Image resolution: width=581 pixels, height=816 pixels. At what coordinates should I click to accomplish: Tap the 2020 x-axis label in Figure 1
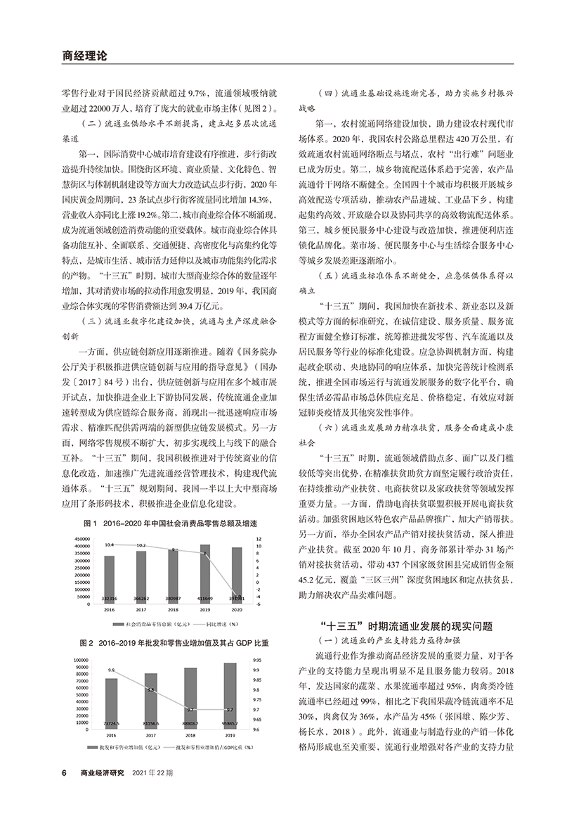236,611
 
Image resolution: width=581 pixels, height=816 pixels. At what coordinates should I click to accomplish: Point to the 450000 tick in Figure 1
83,538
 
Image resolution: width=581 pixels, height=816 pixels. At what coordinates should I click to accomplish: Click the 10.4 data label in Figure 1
109,544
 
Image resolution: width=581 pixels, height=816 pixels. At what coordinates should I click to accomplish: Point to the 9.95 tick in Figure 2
256,661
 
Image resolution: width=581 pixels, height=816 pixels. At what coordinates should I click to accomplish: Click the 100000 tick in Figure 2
80,661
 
